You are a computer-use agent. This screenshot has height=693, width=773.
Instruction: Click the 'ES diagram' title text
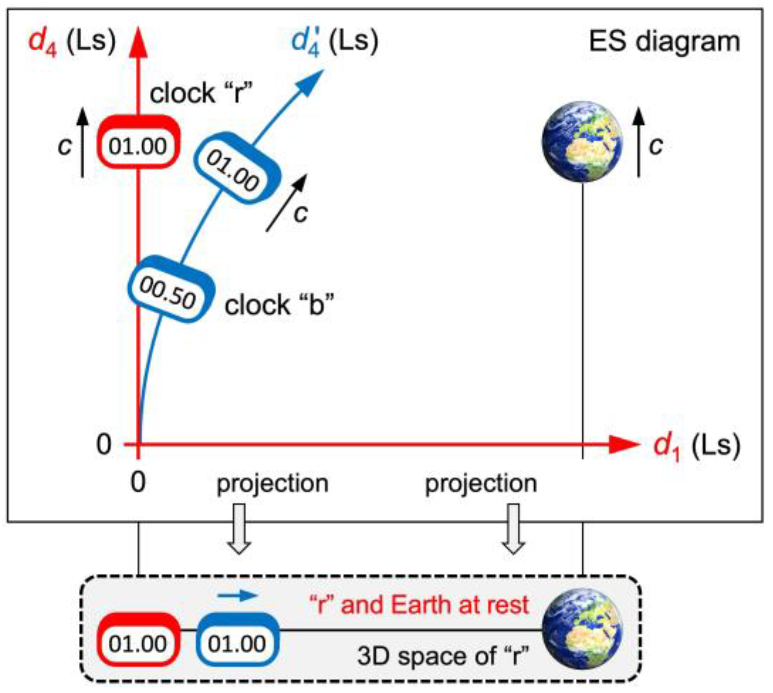pos(664,42)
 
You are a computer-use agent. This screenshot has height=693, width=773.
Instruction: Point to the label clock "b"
pos(279,305)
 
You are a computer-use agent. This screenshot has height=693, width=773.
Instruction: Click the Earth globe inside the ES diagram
pos(582,141)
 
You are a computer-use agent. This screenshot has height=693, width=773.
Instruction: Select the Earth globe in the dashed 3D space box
pos(582,628)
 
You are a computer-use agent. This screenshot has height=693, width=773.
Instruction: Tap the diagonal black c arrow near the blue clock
pos(287,203)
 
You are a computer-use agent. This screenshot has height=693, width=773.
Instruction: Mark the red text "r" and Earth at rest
pos(418,605)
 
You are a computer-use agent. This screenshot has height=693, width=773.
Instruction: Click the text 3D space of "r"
pos(443,656)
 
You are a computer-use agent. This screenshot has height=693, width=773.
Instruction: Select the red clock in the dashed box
pos(138,639)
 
